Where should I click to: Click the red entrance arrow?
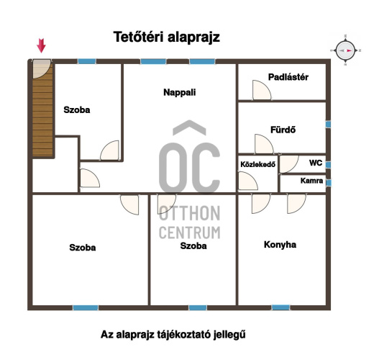point(41,45)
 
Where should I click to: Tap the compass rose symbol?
point(345,50)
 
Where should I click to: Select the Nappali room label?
point(180,92)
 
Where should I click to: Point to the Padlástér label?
point(288,77)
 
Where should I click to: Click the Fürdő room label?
point(283,130)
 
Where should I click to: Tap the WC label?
point(316,163)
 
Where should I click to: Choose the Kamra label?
point(311,181)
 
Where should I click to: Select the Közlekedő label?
point(258,164)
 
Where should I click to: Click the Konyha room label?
point(280,245)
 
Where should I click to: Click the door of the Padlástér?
point(262,90)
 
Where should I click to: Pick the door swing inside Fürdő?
point(264,144)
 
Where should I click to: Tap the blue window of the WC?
point(328,165)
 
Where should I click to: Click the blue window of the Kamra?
point(328,183)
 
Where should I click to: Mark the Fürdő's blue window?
point(328,125)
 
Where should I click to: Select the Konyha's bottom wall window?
point(280,307)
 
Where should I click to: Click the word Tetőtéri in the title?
point(138,37)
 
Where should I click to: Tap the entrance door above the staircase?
point(42,69)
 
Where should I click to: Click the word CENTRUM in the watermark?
point(190,233)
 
